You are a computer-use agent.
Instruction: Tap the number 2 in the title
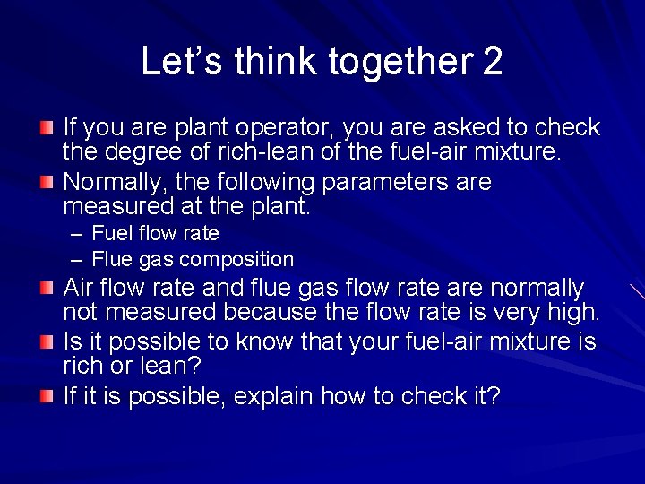(493, 62)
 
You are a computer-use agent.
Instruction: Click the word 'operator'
(287, 128)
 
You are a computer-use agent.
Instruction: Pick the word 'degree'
(137, 152)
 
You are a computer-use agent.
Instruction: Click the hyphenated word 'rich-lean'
(276, 152)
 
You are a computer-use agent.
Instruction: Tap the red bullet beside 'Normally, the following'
(47, 183)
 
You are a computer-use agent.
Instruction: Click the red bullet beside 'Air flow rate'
(47, 289)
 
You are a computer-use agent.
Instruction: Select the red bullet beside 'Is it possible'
(47, 342)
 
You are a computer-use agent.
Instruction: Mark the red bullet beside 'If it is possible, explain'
(47, 394)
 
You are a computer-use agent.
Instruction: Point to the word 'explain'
(271, 396)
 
